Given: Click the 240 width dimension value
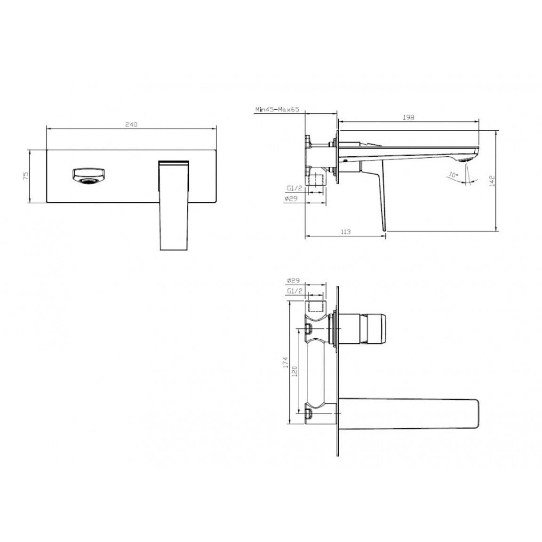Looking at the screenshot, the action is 131,124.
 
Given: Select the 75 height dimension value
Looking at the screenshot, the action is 25,176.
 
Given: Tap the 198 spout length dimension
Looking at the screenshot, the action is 408,117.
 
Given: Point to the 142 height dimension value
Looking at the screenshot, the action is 492,181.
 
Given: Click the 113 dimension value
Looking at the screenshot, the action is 345,231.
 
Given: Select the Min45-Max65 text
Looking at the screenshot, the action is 277,110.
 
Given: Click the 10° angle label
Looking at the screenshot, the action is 453,175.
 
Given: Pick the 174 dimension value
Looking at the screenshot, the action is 285,362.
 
